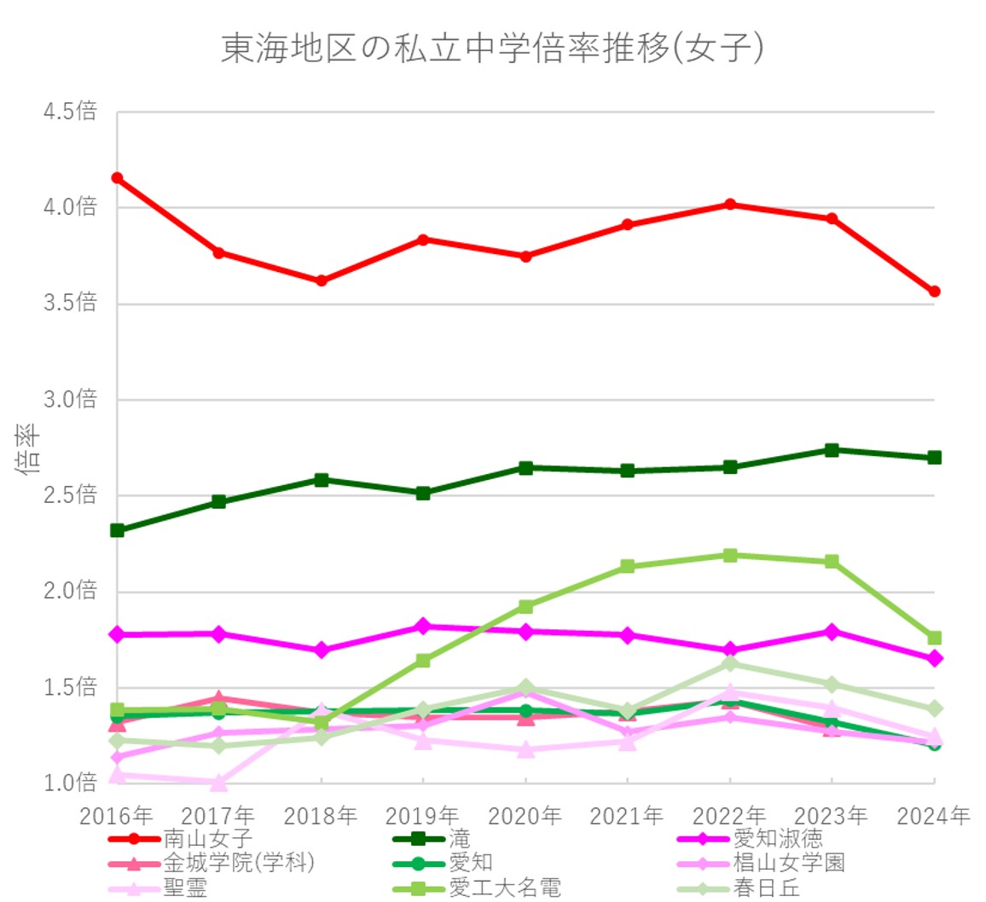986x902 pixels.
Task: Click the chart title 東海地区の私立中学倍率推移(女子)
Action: point(492,49)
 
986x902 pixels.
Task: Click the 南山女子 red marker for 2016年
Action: point(117,178)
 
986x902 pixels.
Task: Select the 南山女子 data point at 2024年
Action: point(935,292)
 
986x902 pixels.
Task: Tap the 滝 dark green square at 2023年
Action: point(832,450)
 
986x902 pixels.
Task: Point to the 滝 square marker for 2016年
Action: point(117,530)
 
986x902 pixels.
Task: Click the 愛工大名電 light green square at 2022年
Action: point(730,556)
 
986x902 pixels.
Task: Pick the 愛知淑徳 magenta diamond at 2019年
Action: point(423,627)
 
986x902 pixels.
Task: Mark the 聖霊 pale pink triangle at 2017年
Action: point(219,782)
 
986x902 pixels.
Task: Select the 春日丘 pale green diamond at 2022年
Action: point(730,663)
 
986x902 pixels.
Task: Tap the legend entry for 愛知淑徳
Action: point(777,840)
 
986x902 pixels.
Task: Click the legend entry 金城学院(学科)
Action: point(239,863)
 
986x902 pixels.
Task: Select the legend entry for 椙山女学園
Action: point(788,863)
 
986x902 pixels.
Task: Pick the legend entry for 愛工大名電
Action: point(505,887)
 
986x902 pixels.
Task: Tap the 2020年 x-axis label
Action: point(525,816)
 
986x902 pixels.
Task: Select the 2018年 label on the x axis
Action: point(321,816)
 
